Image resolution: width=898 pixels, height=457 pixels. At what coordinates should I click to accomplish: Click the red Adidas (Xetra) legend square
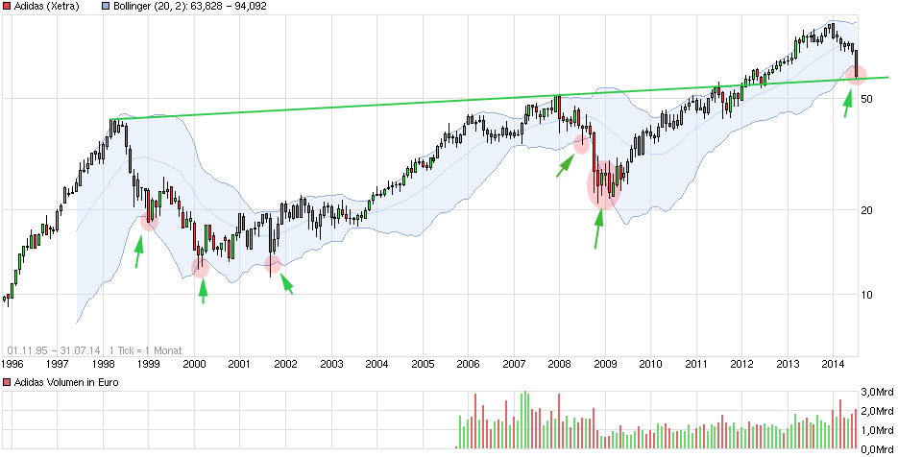pyautogui.click(x=8, y=6)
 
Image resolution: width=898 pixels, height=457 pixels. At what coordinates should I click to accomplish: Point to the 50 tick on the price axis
pyautogui.click(x=870, y=99)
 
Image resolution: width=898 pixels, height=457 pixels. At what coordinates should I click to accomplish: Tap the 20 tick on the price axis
pyautogui.click(x=870, y=210)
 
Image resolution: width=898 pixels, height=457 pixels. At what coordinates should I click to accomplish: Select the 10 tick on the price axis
pyautogui.click(x=870, y=295)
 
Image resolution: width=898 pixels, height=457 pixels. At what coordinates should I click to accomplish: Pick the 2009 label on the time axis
pyautogui.click(x=605, y=365)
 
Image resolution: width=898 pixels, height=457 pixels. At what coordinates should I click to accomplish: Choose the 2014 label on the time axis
pyautogui.click(x=834, y=365)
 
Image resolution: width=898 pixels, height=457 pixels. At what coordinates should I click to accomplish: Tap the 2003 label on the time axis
pyautogui.click(x=331, y=365)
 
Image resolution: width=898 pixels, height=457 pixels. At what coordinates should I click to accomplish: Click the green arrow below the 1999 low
pyautogui.click(x=139, y=251)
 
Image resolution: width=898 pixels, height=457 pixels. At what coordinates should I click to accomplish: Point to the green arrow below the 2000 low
pyautogui.click(x=202, y=289)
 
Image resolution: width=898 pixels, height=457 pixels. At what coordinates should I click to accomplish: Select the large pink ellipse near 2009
pyautogui.click(x=603, y=185)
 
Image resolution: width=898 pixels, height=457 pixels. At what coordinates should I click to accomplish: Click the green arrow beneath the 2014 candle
pyautogui.click(x=848, y=102)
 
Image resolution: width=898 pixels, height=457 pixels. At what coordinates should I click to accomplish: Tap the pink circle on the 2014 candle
pyautogui.click(x=856, y=73)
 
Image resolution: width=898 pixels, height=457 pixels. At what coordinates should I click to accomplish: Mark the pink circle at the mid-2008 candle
pyautogui.click(x=581, y=144)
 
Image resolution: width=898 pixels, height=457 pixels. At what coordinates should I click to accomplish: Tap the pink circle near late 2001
pyautogui.click(x=273, y=264)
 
